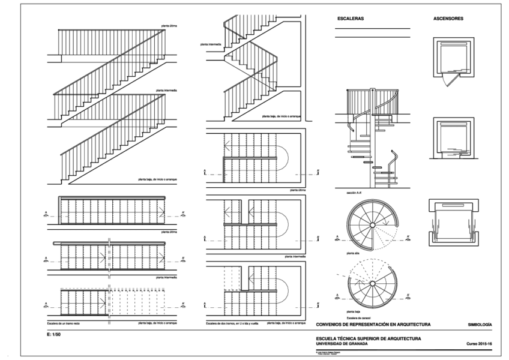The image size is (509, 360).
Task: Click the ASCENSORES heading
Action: point(448,19)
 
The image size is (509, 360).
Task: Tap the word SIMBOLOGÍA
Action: point(480,324)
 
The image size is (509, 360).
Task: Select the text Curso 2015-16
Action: point(479,343)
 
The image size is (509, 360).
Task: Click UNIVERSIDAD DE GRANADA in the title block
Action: point(343,343)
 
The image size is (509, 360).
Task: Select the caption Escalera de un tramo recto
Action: point(65,323)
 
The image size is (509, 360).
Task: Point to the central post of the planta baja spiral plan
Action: point(372,284)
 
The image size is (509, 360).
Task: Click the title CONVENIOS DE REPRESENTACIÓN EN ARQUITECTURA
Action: point(373,324)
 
